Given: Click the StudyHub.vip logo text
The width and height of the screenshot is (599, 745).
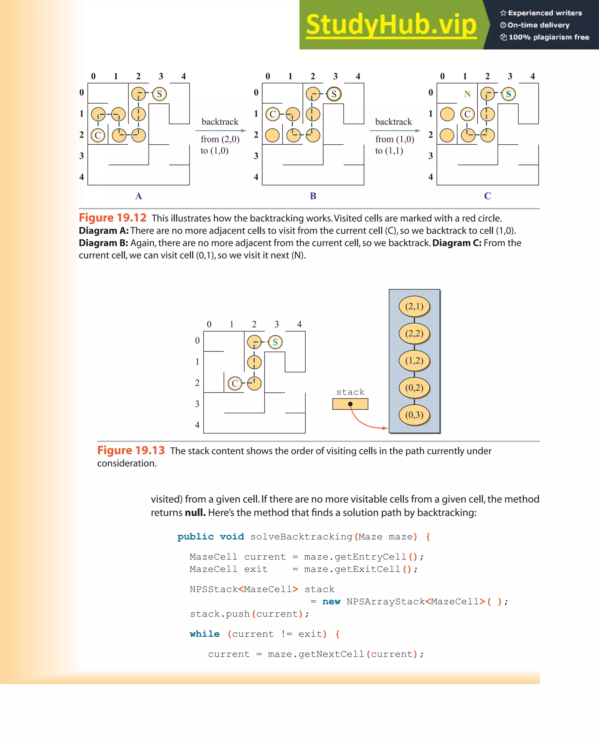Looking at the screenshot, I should coord(391,25).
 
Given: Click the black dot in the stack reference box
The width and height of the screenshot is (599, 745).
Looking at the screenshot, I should coord(350,404).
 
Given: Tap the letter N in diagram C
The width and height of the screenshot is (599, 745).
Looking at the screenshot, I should coord(467,94).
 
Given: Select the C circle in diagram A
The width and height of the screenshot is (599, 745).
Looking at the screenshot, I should coord(98,135).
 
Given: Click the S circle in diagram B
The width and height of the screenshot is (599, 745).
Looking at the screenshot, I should coord(334,94).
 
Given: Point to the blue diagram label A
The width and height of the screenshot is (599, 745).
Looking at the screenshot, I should coord(138,196).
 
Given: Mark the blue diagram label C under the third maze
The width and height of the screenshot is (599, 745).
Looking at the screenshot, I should coord(488,196).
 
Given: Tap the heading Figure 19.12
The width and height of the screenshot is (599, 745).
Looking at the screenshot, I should coord(113,218).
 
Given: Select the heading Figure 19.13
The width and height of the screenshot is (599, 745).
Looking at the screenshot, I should coord(131,450).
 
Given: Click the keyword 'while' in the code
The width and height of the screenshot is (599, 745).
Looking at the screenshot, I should coord(204,634).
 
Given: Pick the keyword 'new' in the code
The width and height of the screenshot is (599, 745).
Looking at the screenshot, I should coord(331,602).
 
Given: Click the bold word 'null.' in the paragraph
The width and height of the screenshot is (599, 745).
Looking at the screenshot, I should coord(195,513).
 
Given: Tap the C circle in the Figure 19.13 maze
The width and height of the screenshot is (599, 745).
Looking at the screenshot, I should coord(235,383).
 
